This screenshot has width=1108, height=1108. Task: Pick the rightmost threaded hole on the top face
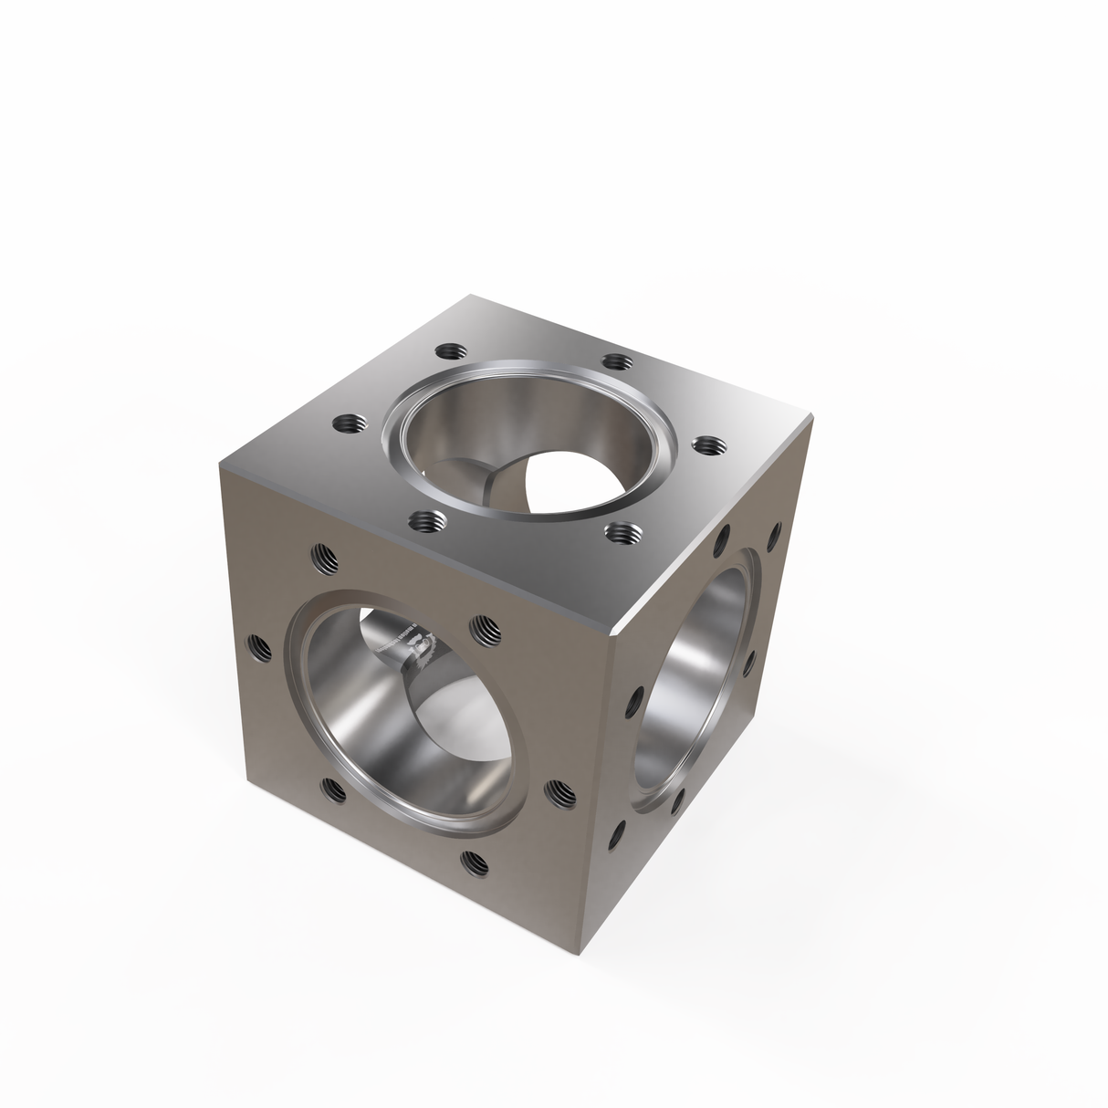click(706, 445)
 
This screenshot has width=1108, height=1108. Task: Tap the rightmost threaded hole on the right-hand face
click(776, 533)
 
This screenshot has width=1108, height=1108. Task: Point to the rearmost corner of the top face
click(471, 296)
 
